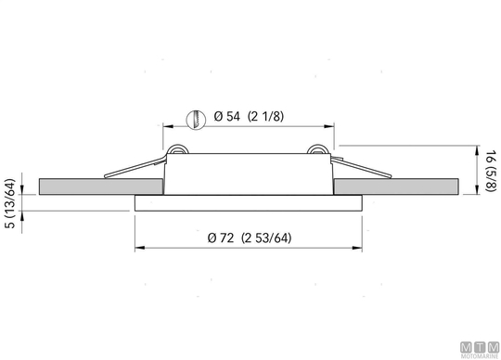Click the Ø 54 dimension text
coord(226,116)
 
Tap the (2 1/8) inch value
coord(265,116)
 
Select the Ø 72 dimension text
coord(221,238)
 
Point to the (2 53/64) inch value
coord(266,238)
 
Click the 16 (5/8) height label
coord(491,171)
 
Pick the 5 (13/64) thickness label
coord(10,203)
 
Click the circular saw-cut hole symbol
coord(196,120)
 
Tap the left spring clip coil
coord(177,149)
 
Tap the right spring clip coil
coord(317,149)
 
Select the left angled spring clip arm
coord(135,167)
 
